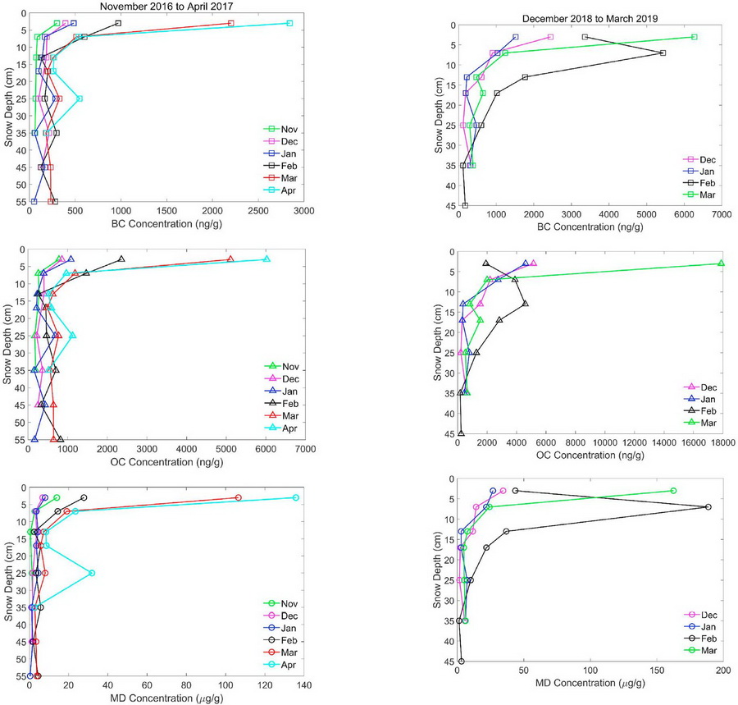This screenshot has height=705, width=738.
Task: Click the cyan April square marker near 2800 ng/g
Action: click(289, 23)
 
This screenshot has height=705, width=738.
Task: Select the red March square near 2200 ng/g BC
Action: click(230, 23)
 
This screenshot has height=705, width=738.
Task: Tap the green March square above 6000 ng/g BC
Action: click(694, 37)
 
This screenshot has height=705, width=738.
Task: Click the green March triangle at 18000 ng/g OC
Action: click(721, 263)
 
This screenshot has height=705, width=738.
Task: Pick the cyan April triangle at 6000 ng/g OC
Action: click(266, 259)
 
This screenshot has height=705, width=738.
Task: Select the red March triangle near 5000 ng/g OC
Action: click(230, 259)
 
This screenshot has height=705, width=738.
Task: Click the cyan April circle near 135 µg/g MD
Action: click(296, 497)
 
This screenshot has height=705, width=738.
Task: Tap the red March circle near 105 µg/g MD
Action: click(239, 497)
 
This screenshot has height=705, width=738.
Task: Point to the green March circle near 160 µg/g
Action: click(673, 491)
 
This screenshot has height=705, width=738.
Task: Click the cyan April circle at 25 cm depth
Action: click(92, 573)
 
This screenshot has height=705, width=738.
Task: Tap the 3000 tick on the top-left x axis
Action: click(303, 210)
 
